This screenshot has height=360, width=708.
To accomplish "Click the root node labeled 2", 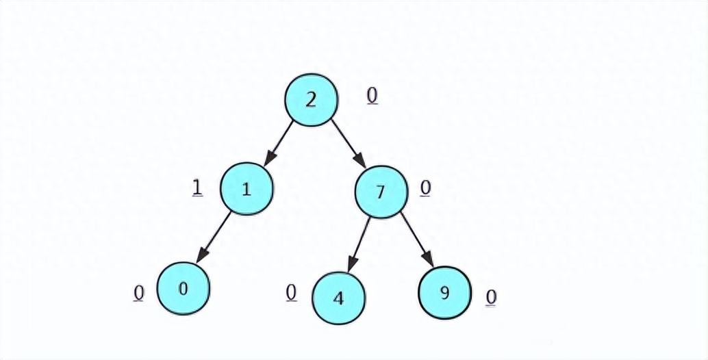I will [x=311, y=99].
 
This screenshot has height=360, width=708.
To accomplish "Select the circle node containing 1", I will [x=246, y=190].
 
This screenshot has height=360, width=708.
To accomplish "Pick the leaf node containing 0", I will [x=183, y=288].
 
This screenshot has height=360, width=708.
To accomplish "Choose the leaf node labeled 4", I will [x=338, y=298].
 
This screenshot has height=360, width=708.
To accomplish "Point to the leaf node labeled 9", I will [x=445, y=294].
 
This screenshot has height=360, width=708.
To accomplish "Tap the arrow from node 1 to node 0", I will [x=215, y=237].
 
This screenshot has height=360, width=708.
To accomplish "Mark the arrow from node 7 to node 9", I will [x=416, y=239].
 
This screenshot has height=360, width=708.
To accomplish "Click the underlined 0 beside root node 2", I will [x=372, y=96].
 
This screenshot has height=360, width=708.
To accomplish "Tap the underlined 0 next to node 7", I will [x=425, y=188].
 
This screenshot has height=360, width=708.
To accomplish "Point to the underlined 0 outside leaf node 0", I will [x=139, y=293].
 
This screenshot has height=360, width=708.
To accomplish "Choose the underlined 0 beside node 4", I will [x=291, y=292].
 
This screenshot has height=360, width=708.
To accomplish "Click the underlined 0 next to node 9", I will [x=491, y=297].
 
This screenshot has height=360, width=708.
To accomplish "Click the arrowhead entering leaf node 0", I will [x=199, y=257].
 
